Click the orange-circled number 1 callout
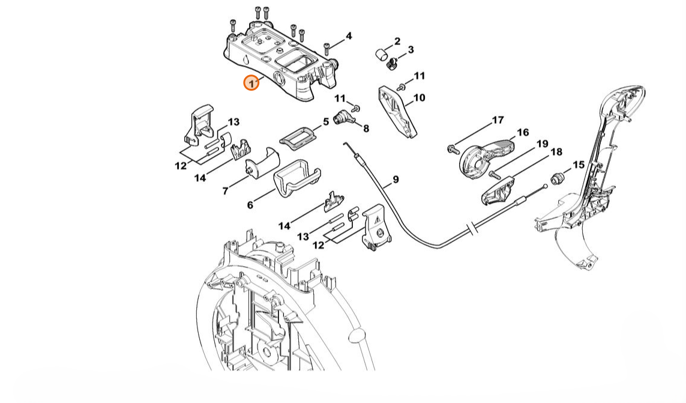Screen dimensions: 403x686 (x=251, y=82)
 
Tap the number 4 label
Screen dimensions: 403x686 (x=349, y=37)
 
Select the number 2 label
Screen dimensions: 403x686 (x=397, y=41)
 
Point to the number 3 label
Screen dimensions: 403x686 (x=411, y=50)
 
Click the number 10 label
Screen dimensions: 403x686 (x=419, y=97)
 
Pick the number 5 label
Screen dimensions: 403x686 (x=326, y=121)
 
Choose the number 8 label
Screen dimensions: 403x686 (x=366, y=128)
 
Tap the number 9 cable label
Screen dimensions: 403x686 (x=396, y=179)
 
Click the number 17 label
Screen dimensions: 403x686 (x=498, y=120)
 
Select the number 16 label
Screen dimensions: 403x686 (x=523, y=132)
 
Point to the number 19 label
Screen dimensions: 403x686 (x=542, y=144)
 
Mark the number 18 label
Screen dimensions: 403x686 (x=556, y=153)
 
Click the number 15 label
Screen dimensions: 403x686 (x=578, y=165)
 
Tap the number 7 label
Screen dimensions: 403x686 (x=226, y=191)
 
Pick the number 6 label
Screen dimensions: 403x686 (x=250, y=205)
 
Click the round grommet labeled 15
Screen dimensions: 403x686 (x=557, y=178)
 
